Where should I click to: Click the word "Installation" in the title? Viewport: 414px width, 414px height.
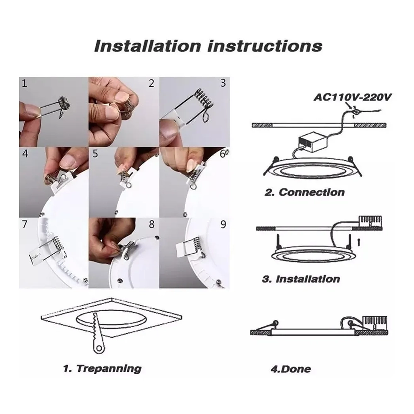coord(148,46)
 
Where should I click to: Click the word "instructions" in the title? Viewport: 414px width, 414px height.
coord(265,46)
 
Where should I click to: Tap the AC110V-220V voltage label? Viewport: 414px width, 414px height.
coord(353,97)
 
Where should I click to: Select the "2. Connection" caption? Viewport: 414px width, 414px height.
coord(304,192)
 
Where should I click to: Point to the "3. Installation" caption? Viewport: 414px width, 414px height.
coord(301,279)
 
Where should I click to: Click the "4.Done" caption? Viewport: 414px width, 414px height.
coord(291,369)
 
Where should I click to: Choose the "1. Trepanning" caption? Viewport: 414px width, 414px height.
coord(102,369)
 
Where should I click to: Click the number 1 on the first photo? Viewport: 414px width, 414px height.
coord(25,83)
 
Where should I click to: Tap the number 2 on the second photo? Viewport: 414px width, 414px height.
coord(151,83)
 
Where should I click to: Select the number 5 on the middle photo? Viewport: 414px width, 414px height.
coord(95,153)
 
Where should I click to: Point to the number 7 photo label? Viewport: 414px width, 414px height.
coord(25,224)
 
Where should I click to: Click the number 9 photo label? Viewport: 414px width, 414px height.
coord(223,224)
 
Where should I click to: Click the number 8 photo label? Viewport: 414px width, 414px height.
coord(152,224)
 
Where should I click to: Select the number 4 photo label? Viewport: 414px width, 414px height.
coord(25,153)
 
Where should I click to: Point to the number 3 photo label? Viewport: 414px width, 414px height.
coord(223,83)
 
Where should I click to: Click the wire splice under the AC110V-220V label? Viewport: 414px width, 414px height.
coord(355,112)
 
